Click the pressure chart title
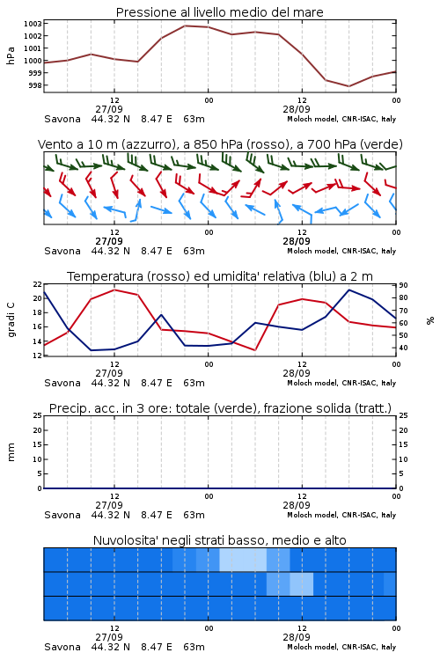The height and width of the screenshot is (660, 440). point(220,12)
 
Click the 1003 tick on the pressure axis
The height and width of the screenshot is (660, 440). point(33,24)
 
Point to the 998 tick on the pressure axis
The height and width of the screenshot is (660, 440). point(34,85)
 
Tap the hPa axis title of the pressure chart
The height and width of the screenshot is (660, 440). point(11,55)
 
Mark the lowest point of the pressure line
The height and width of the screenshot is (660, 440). point(348,86)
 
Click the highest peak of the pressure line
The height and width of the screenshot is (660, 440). point(186,26)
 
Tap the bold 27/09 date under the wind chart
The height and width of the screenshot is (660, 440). point(109,241)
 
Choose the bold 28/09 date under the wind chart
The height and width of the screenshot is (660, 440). point(297,241)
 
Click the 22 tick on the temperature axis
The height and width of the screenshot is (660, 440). point(38,284)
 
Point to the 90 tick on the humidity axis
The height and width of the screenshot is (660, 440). point(403,285)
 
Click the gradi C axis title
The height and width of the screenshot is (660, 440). point(11,319)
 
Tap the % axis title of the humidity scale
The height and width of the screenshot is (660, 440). point(430,320)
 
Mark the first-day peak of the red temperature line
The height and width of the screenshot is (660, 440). point(114,290)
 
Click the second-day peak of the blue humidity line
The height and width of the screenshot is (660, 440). point(348,290)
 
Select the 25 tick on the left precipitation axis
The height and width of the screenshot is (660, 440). point(38,415)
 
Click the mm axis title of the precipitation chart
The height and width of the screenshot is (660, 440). point(11,452)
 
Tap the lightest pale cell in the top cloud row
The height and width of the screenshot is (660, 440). point(243,560)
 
